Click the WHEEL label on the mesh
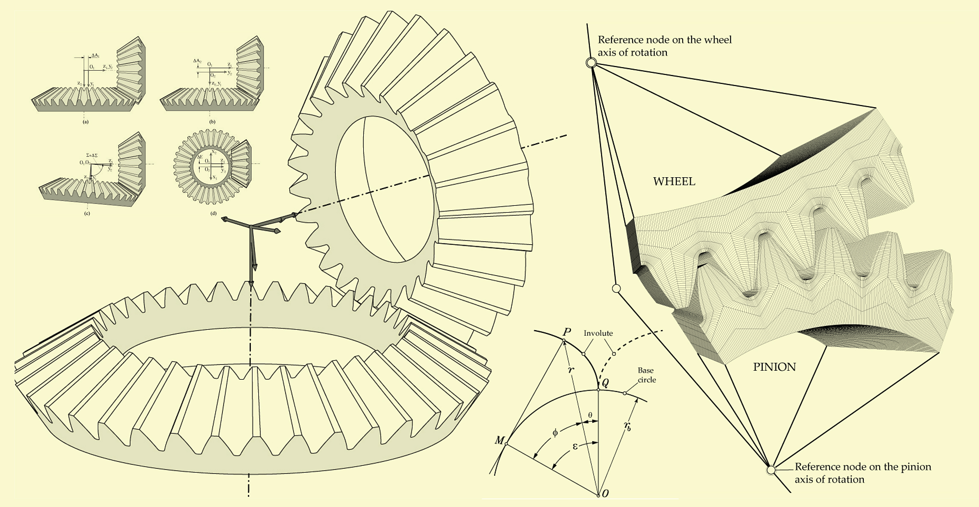[x=674, y=181]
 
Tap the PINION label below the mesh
[x=774, y=367]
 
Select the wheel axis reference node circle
[x=591, y=63]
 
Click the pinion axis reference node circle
[x=771, y=470]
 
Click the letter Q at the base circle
[x=606, y=383]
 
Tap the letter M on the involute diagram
[x=499, y=441]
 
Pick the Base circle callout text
[x=646, y=375]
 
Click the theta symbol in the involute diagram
[x=590, y=415]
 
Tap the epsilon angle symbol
[x=575, y=447]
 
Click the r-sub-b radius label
[x=628, y=426]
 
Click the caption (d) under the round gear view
[x=213, y=213]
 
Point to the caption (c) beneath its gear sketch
[x=87, y=213]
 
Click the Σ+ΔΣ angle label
[x=92, y=155]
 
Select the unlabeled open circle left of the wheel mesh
[x=616, y=289]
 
